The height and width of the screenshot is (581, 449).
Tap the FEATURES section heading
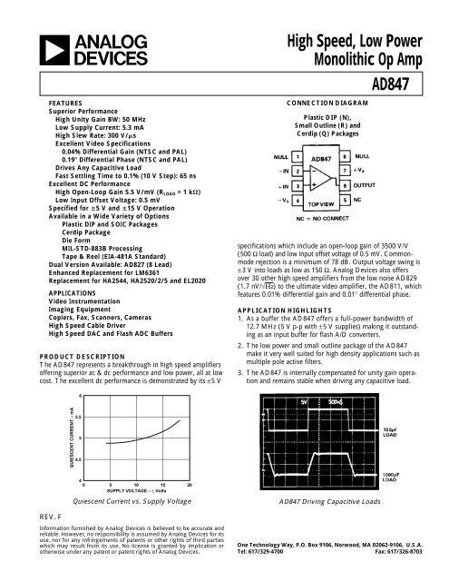pos(66,103)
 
